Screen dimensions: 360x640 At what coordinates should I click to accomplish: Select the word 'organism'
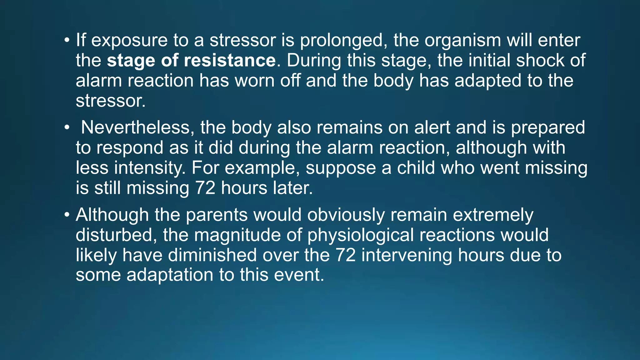[x=462, y=41]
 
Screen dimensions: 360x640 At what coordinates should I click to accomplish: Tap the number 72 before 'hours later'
[x=205, y=188]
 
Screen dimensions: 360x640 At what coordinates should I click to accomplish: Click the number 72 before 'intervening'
[x=346, y=255]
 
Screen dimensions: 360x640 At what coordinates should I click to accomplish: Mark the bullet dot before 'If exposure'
[x=67, y=41]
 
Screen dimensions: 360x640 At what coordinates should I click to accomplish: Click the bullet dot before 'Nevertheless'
[x=67, y=127]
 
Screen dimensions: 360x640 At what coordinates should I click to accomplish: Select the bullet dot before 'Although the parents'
[x=67, y=215]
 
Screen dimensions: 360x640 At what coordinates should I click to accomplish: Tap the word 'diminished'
[x=212, y=255]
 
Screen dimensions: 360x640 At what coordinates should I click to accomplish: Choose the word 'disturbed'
[x=116, y=235]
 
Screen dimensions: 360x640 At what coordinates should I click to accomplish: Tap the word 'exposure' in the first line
[x=129, y=41]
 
